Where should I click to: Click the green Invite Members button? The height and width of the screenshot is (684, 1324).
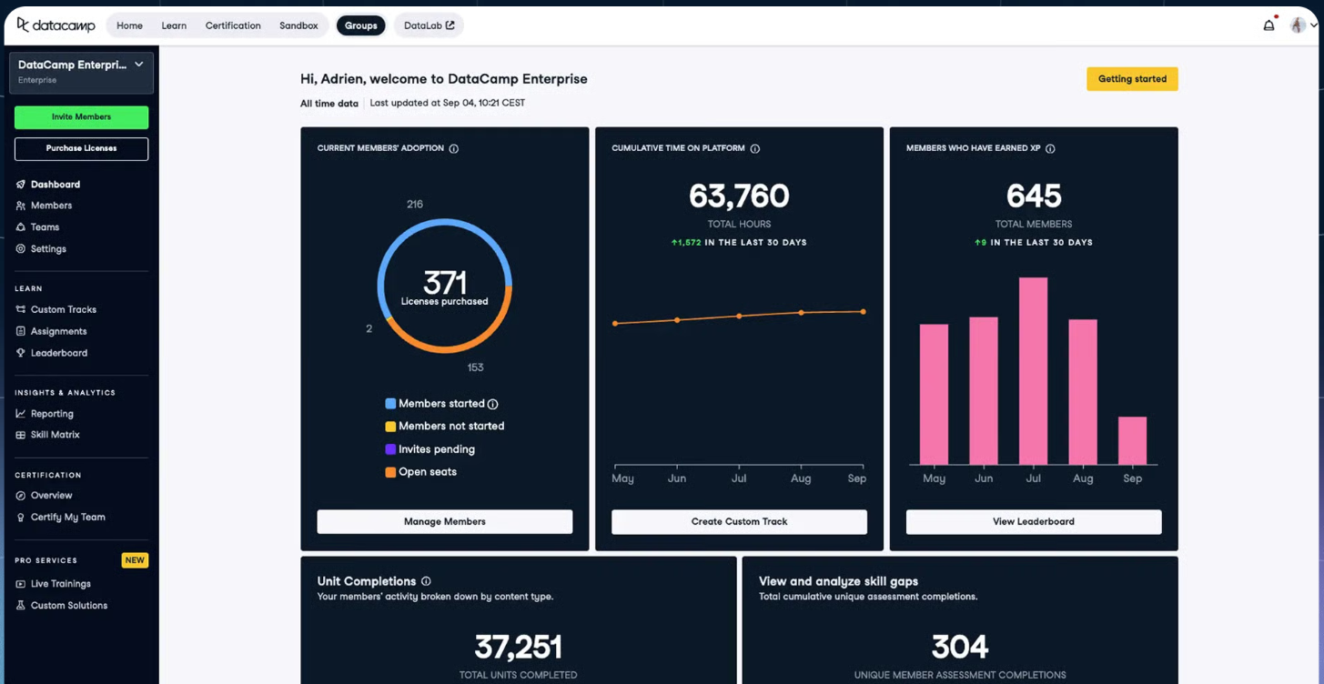[81, 117]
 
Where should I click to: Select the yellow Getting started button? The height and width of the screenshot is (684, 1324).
[1132, 79]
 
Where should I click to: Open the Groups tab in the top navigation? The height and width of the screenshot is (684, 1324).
[360, 25]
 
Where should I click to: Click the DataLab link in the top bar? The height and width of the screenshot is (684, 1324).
[429, 25]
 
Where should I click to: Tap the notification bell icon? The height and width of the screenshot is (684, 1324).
[1268, 25]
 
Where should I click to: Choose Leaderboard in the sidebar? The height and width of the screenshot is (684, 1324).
[58, 353]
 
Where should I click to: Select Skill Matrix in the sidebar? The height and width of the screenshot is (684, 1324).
[55, 435]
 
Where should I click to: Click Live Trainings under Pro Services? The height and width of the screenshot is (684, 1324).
[60, 584]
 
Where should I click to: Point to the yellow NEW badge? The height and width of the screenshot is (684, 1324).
[135, 560]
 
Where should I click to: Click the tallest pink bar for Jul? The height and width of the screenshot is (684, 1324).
[1033, 371]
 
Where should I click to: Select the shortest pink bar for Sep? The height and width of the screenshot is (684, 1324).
[1132, 441]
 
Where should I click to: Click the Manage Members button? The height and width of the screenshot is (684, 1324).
[444, 522]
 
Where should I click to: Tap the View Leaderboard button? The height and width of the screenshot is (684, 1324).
[1033, 522]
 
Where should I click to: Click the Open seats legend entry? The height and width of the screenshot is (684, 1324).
[427, 472]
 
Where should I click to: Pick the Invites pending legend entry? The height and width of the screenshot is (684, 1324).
[436, 449]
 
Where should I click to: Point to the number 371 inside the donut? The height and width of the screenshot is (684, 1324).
[444, 282]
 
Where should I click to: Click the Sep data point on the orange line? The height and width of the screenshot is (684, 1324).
[863, 312]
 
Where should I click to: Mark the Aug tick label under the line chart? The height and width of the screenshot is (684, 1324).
[801, 478]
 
